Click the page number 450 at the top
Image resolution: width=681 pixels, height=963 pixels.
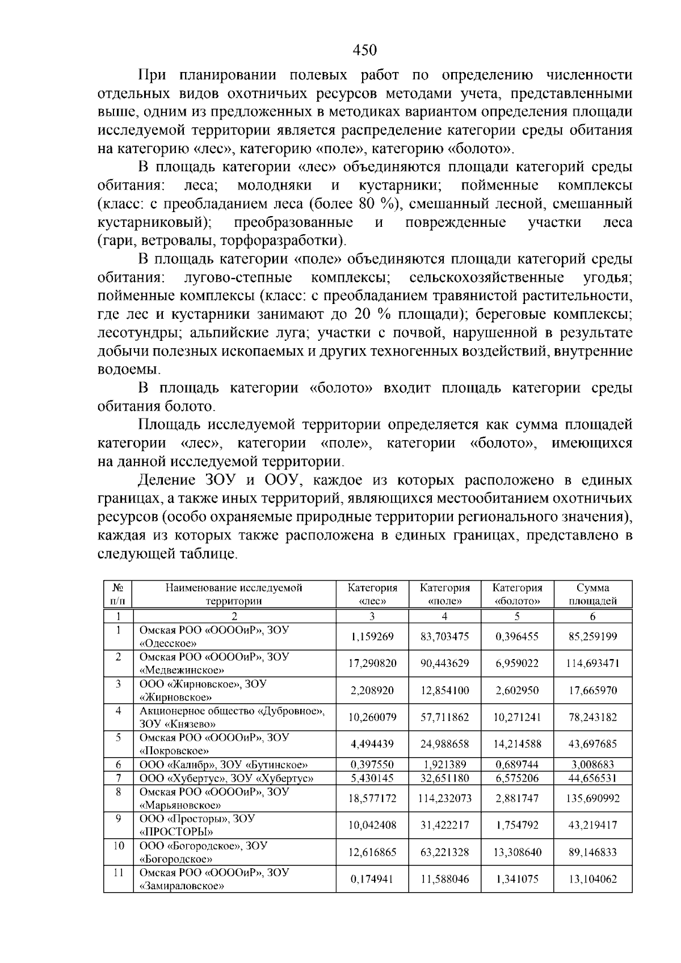click(x=364, y=50)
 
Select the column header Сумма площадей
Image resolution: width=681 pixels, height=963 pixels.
click(x=592, y=594)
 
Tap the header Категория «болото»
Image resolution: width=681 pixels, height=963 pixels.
click(x=517, y=594)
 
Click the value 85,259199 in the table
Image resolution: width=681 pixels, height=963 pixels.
click(x=592, y=636)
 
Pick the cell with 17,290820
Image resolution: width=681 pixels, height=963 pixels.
click(x=372, y=663)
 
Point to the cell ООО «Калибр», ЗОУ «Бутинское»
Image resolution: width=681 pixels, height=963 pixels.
click(x=224, y=765)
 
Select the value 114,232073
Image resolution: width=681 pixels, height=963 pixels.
click(x=444, y=799)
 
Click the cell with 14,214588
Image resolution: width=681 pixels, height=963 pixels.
click(x=517, y=744)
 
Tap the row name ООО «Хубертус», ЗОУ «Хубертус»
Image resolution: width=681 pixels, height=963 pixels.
click(x=226, y=778)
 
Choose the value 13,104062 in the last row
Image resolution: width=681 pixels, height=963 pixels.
click(x=592, y=879)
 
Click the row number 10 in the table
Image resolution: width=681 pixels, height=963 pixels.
click(x=118, y=846)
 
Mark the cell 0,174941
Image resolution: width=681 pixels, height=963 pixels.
click(x=372, y=879)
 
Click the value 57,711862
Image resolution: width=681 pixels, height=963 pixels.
click(x=444, y=717)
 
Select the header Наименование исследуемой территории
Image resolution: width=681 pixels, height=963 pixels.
click(x=234, y=594)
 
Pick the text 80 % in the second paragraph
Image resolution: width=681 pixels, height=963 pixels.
click(x=376, y=204)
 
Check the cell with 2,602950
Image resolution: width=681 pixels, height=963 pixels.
click(x=517, y=690)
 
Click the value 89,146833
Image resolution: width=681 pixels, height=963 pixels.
click(x=592, y=852)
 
